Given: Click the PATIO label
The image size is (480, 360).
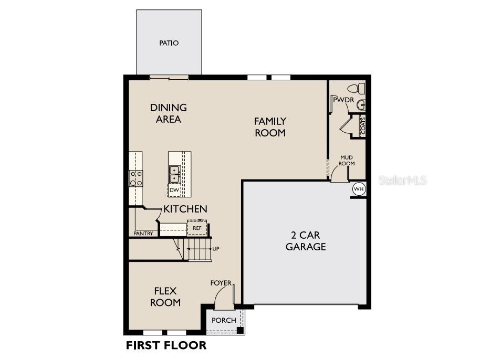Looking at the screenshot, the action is click(x=169, y=43).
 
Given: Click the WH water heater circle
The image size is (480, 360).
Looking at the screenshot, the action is click(x=359, y=189).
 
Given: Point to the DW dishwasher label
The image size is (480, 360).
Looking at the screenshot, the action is click(x=174, y=190).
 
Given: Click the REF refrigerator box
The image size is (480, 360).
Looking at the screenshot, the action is click(x=197, y=228).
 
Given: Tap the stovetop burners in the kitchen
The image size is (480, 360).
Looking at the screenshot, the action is click(x=136, y=178).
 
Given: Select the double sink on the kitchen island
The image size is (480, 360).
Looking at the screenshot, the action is click(x=174, y=174).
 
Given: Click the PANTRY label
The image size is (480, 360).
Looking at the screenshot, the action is click(x=143, y=234).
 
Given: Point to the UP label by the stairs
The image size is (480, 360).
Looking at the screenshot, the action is click(x=216, y=249).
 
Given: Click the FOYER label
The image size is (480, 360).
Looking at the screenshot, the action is click(x=221, y=283).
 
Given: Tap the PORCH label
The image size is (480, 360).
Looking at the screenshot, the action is click(x=224, y=320).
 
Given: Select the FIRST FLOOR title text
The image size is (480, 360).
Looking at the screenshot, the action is click(x=166, y=345).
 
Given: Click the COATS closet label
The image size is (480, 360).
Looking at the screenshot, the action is click(x=363, y=126).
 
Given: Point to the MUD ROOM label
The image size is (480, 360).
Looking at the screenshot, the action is click(x=347, y=161).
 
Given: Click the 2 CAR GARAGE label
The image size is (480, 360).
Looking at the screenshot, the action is click(x=306, y=241).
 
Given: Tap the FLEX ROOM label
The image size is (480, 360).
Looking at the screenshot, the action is click(x=165, y=297).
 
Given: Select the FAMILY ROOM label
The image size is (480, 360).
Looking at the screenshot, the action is click(x=270, y=127).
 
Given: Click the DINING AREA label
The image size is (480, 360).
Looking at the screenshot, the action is click(x=169, y=113).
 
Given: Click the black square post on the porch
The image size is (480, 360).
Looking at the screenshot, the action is click(x=241, y=330).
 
